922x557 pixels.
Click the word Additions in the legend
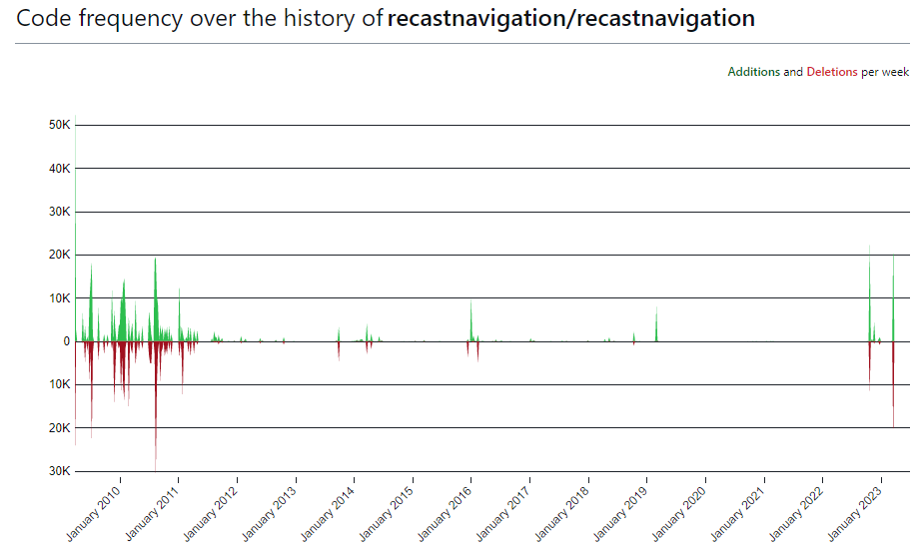(x=753, y=72)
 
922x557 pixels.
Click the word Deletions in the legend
(x=831, y=72)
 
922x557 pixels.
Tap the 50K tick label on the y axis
(x=59, y=125)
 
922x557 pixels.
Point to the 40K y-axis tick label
(x=59, y=169)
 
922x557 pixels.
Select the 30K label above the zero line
(x=59, y=212)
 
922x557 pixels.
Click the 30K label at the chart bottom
(x=59, y=471)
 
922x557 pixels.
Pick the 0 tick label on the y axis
(x=66, y=341)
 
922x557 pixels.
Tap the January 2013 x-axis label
(x=272, y=513)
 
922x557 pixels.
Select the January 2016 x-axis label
(x=447, y=513)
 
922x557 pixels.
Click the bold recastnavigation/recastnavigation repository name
(x=571, y=19)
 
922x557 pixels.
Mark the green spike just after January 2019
(x=656, y=324)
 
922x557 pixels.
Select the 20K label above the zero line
(x=59, y=255)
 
